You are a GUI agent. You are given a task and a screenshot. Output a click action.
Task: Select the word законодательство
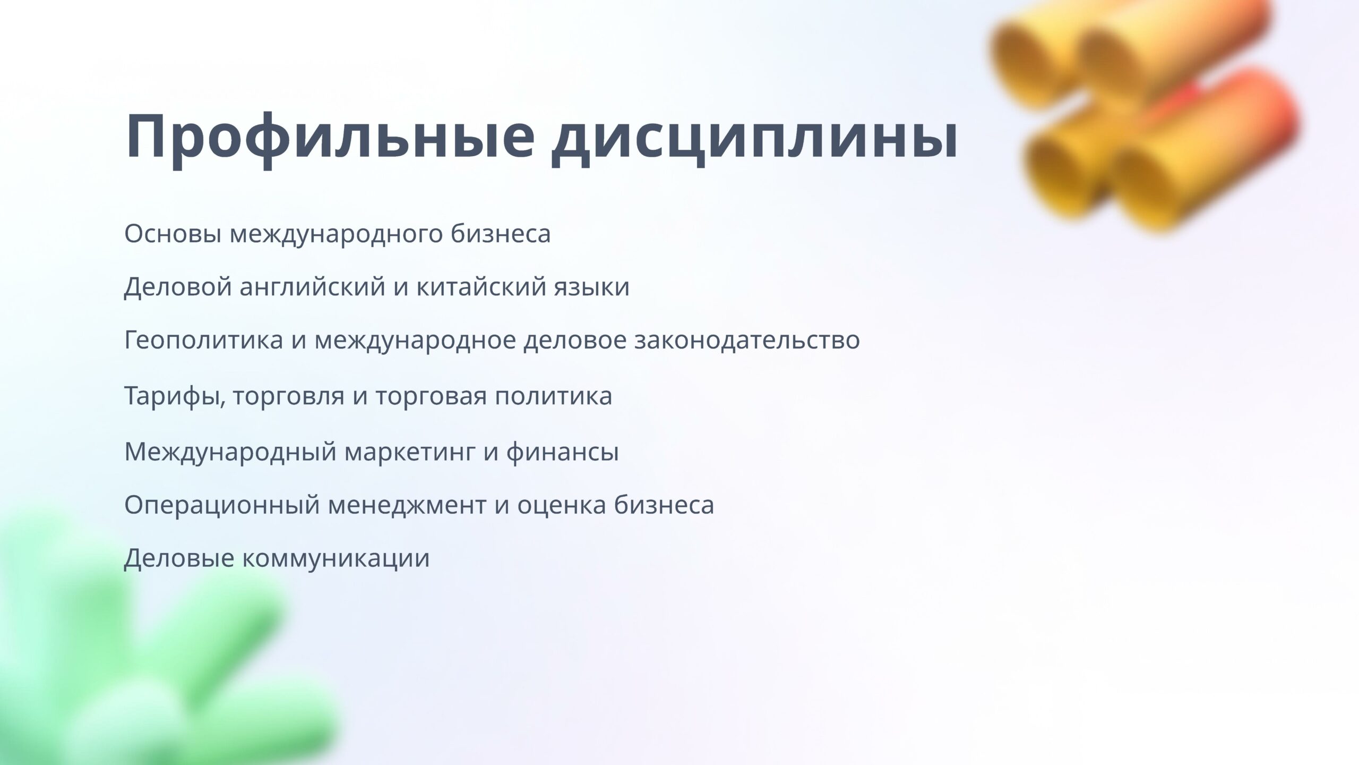click(747, 341)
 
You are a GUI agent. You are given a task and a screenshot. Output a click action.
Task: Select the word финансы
click(562, 452)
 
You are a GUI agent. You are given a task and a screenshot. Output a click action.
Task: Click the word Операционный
click(222, 505)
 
